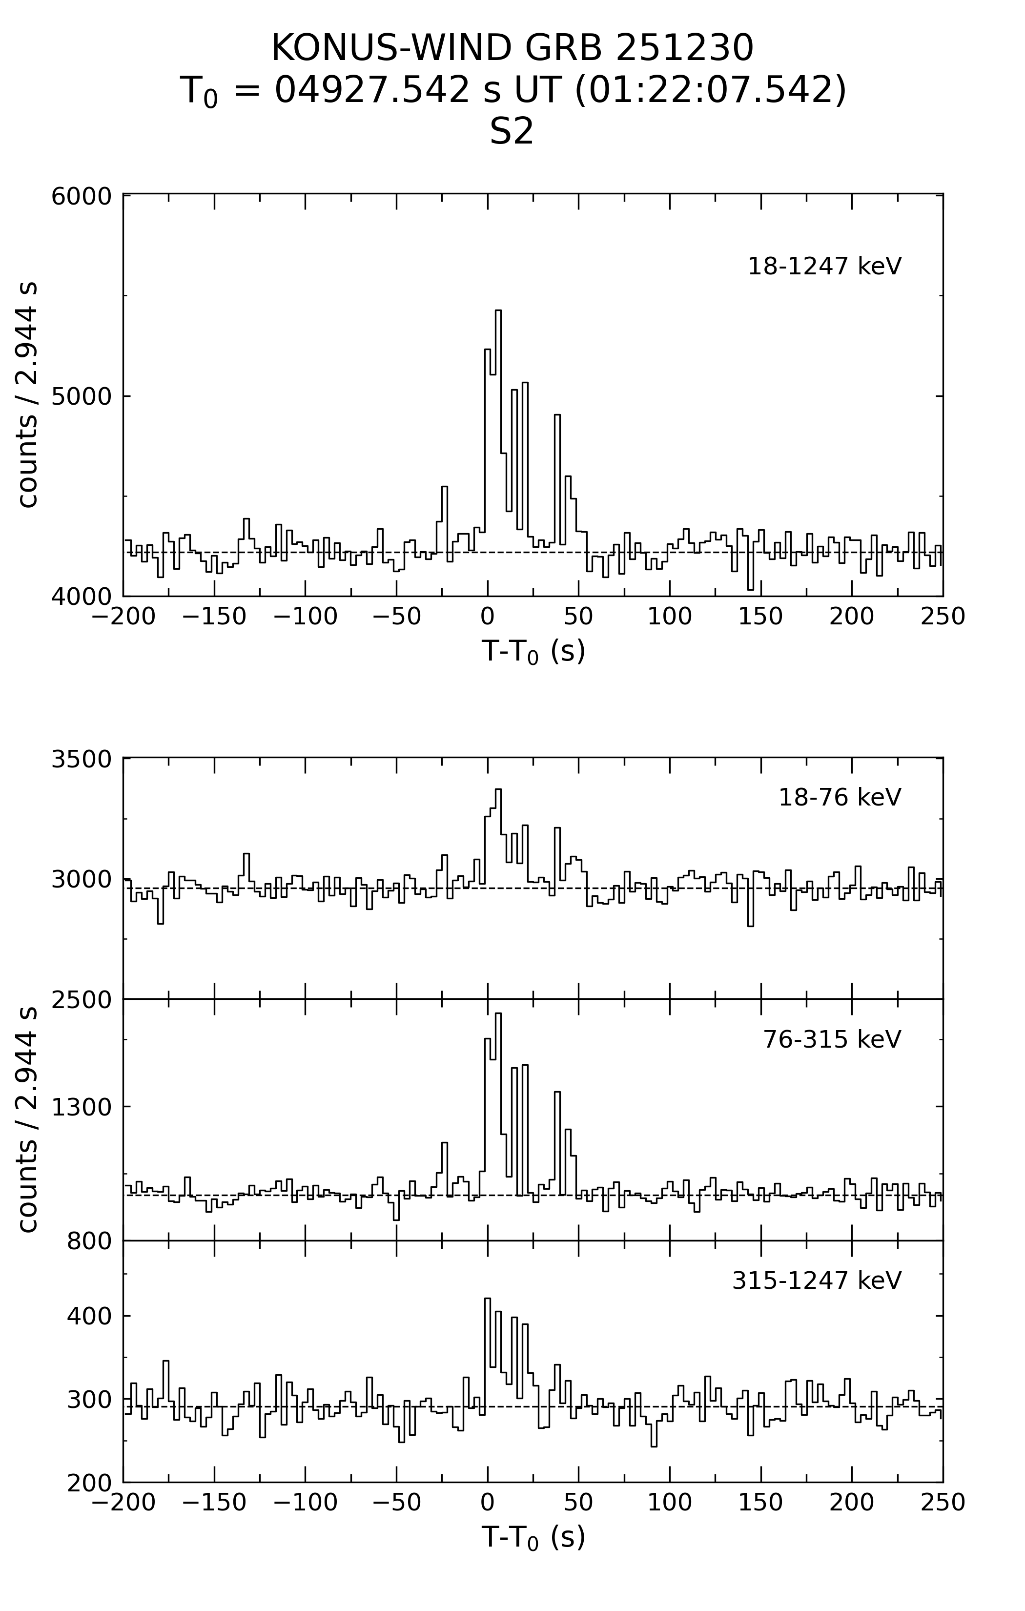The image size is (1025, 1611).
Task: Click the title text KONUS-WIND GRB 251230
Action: pos(512,48)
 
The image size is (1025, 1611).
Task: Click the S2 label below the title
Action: pos(512,132)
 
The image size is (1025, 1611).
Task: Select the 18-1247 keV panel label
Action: pos(824,266)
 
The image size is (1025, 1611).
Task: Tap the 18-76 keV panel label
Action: pos(840,798)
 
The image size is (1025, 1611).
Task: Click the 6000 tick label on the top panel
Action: pos(82,197)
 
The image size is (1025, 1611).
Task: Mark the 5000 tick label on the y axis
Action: pos(82,396)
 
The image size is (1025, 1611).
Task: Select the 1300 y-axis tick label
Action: pos(82,1107)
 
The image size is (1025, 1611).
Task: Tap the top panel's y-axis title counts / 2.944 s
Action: pos(27,395)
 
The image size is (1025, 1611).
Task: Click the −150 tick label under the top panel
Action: pos(214,617)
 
